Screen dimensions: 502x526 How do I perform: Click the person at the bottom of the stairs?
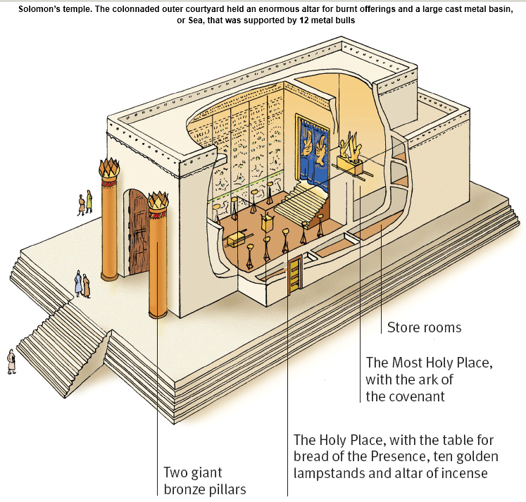[x=11, y=360]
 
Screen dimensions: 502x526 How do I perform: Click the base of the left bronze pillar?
[x=109, y=276]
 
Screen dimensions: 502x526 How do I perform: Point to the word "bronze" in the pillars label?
[x=185, y=489]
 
